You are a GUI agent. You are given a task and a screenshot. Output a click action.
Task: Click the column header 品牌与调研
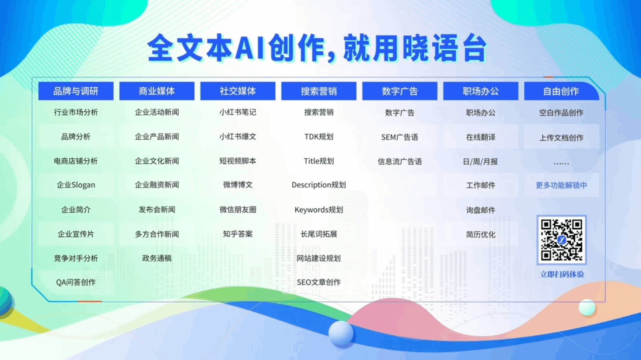(76, 91)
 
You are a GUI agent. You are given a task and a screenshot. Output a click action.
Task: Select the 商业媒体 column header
(157, 91)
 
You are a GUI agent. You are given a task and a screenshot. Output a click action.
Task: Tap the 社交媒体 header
(238, 91)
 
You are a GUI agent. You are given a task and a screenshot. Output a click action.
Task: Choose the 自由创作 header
(561, 91)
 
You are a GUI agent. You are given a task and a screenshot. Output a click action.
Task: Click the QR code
(561, 240)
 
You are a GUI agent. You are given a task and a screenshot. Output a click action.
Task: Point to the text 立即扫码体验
(562, 274)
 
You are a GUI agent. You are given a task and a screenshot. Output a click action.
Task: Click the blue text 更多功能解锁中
(561, 185)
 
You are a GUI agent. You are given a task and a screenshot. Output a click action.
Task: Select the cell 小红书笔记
(238, 112)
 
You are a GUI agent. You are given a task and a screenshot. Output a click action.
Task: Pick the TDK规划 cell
(319, 137)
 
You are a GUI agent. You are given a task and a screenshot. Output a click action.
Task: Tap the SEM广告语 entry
(400, 137)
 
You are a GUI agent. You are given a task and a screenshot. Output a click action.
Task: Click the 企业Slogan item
(76, 185)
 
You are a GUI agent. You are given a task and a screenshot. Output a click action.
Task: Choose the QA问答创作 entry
(76, 282)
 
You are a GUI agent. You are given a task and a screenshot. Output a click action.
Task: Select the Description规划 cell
(319, 185)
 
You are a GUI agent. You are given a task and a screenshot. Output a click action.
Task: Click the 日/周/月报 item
(480, 162)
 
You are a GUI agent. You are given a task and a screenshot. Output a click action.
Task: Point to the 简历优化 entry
(481, 235)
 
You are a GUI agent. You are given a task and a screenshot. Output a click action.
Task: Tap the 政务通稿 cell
(157, 258)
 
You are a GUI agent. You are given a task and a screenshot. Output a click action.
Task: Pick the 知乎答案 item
(238, 234)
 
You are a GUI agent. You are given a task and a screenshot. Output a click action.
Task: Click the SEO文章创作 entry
(319, 282)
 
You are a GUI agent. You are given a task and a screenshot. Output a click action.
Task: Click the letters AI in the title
(249, 48)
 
